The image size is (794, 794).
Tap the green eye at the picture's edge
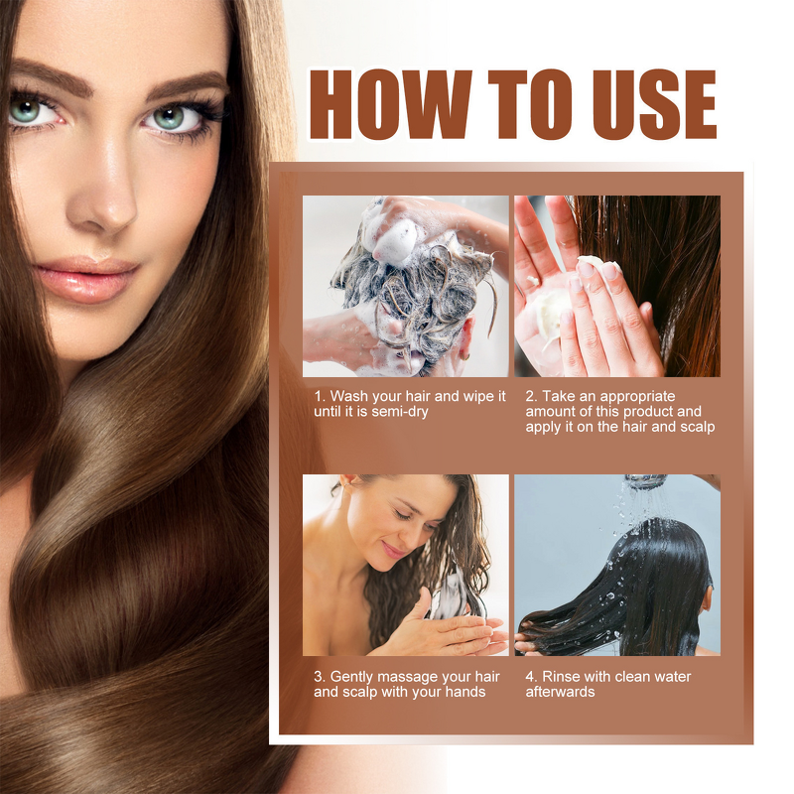click(x=27, y=109)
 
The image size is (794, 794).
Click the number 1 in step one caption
click(x=318, y=396)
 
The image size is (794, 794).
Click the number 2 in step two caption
click(x=530, y=396)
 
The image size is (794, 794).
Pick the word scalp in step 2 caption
click(x=695, y=427)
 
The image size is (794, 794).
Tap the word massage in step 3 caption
click(x=412, y=677)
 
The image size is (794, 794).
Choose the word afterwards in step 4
click(x=560, y=692)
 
